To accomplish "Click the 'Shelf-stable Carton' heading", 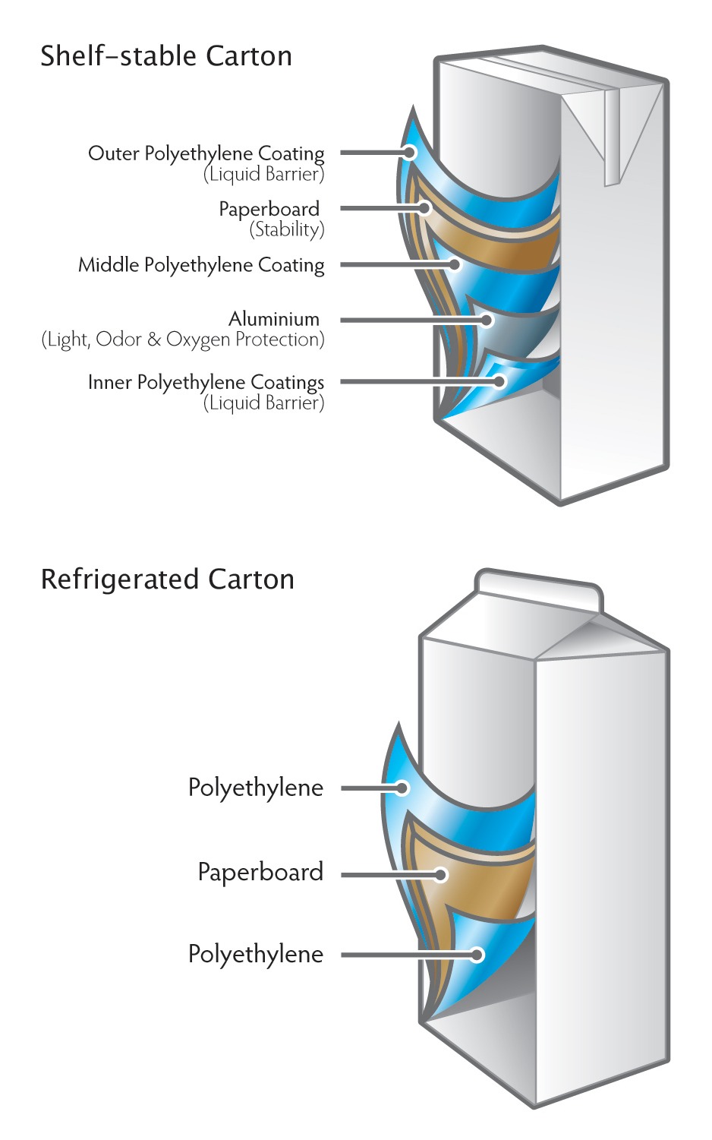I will (165, 56).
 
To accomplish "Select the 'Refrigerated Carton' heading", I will (167, 579).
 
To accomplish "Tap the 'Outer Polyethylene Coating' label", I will (206, 153).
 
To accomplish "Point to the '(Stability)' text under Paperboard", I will (286, 229).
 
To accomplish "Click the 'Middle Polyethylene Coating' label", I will (201, 265).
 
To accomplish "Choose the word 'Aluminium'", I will (274, 319).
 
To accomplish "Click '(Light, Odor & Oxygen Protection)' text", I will (182, 339).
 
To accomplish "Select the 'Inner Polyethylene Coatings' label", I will (206, 382).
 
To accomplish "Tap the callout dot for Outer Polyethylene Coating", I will (410, 153).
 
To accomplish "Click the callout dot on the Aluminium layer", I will (486, 320).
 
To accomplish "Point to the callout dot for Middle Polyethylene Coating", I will (455, 264).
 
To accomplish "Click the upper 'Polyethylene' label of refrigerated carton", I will (255, 788).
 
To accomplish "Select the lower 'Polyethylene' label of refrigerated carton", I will (255, 954).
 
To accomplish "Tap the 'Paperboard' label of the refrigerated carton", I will (260, 872).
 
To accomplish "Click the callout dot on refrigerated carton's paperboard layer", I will (440, 875).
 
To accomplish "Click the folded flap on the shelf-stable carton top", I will (612, 137).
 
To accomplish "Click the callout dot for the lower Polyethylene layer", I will (477, 955).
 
